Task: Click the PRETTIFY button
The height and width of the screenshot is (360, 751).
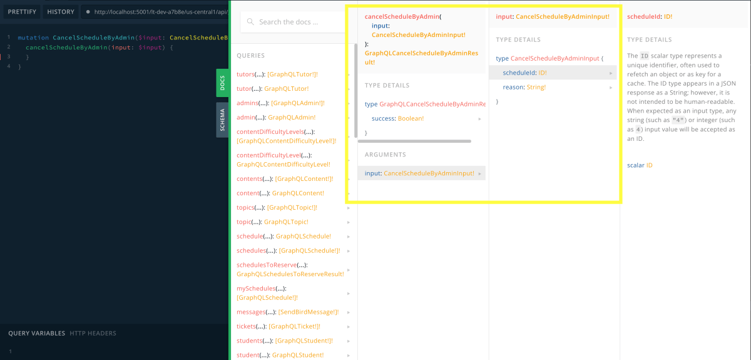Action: coord(22,12)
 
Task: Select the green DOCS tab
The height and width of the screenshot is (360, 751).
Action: coord(222,83)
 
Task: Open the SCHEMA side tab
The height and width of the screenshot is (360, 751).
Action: coord(222,120)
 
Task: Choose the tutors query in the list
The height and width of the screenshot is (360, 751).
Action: coord(277,74)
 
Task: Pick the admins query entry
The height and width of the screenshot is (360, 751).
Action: coord(280,103)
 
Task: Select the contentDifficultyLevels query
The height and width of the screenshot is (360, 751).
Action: coord(287,136)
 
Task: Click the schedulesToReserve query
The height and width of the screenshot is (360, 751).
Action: coord(290,269)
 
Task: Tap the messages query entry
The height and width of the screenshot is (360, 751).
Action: coord(288,312)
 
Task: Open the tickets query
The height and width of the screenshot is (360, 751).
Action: coord(278,326)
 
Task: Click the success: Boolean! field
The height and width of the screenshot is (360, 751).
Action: coord(397,118)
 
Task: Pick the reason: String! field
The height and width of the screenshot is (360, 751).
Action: coord(524,87)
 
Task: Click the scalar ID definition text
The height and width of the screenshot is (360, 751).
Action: coord(640,165)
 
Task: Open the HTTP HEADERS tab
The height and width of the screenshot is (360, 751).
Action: coord(93,333)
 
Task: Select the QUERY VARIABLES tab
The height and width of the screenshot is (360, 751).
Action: coord(36,333)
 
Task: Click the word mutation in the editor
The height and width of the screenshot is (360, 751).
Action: coord(33,38)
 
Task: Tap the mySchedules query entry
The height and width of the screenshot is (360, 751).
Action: coord(267,293)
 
